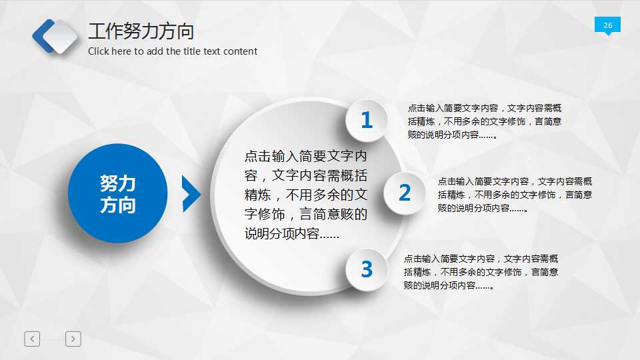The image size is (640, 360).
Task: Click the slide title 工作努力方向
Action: point(141,31)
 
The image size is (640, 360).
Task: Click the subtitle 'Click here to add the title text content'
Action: point(173,51)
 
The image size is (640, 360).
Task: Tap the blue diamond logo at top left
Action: point(55,36)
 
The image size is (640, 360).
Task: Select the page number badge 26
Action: point(607,25)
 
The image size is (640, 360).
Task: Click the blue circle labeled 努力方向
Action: point(117,193)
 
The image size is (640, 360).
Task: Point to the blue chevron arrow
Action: point(191,194)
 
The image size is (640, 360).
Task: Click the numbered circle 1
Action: point(366,121)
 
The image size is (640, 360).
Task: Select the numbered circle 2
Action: point(405,193)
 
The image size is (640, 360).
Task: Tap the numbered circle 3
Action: point(366,269)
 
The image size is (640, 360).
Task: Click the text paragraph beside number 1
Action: point(485,121)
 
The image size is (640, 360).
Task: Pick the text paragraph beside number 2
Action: point(515,194)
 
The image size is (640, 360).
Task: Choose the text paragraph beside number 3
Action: point(481,272)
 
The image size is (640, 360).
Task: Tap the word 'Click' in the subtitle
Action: point(100,51)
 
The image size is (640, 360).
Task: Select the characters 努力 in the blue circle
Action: point(117,183)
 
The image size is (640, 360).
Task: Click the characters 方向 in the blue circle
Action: point(117,205)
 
